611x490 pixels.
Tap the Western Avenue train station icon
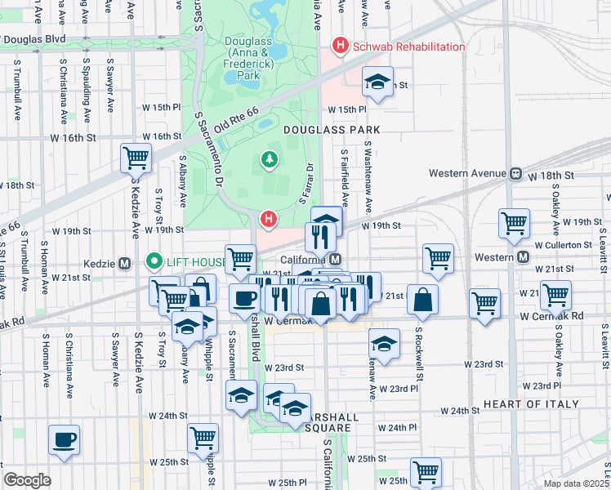coord(515,173)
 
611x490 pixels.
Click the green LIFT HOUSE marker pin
coord(152,261)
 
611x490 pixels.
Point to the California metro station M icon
coord(335,258)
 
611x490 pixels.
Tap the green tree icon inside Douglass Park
coord(269,159)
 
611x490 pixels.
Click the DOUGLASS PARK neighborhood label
coord(332,130)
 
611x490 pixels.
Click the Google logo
coord(27,479)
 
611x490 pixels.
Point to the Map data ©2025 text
coord(575,483)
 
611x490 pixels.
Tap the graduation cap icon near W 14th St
coord(377,82)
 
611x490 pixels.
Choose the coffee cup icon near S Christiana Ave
coord(64,439)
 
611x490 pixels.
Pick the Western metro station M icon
coord(528,257)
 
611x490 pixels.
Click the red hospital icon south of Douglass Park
coord(268,219)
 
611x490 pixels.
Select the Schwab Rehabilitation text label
coord(408,47)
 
